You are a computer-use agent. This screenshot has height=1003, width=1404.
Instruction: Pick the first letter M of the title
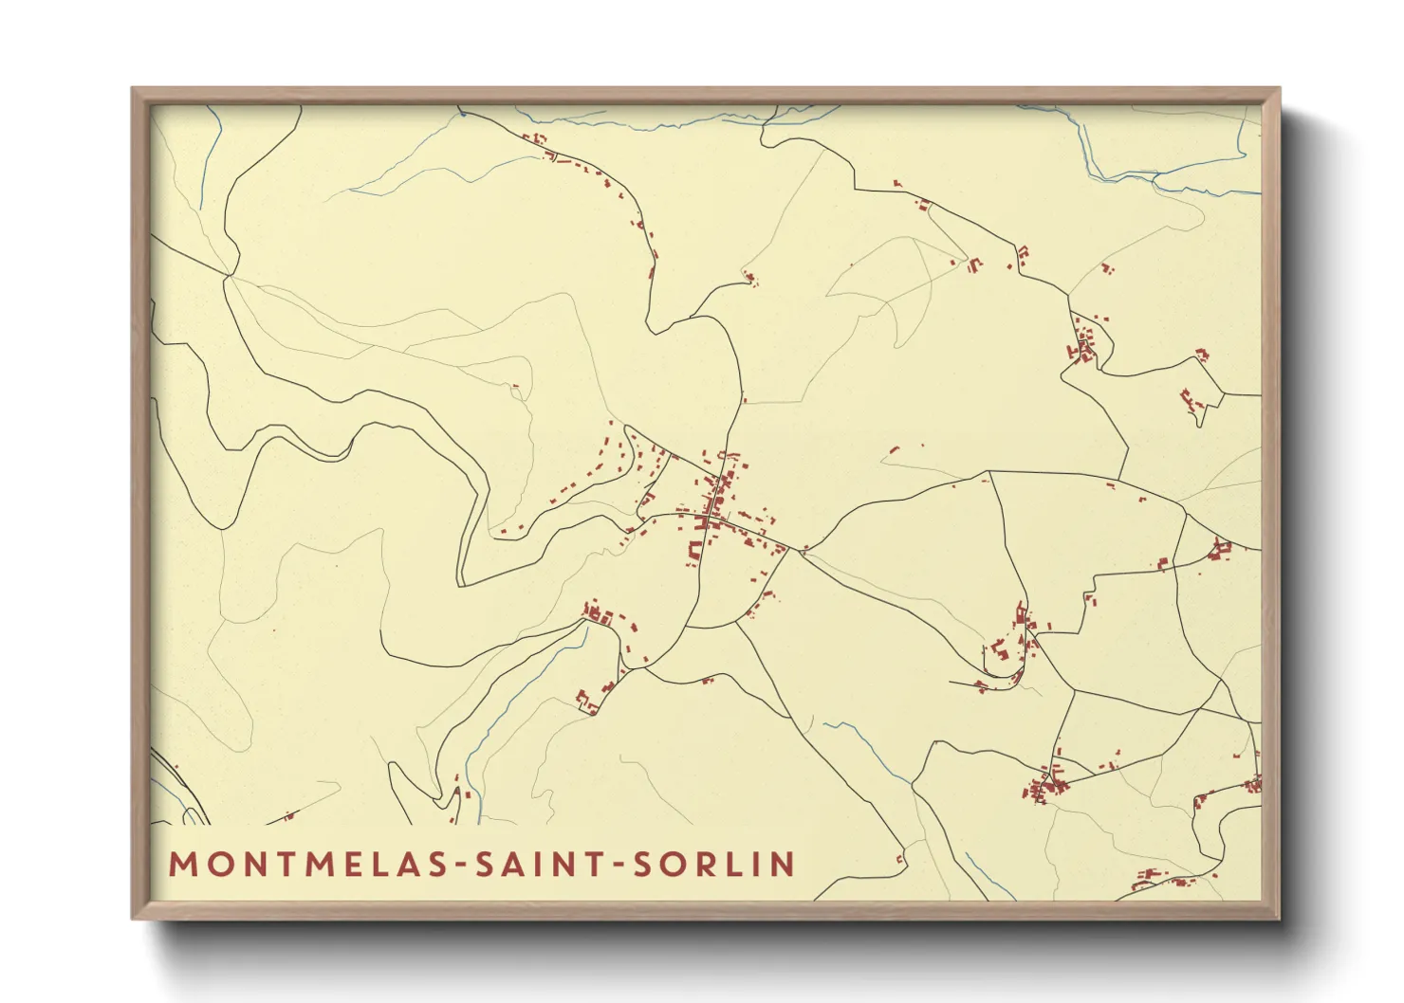(x=181, y=864)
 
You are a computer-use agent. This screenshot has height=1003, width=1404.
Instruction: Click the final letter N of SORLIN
(x=783, y=864)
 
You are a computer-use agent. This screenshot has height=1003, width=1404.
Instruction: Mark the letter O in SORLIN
(x=673, y=864)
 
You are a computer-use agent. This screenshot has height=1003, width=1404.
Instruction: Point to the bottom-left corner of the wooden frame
(x=134, y=917)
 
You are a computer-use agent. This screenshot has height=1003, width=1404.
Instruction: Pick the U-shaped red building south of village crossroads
(x=695, y=549)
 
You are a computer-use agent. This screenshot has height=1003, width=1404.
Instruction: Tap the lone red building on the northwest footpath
(x=515, y=386)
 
